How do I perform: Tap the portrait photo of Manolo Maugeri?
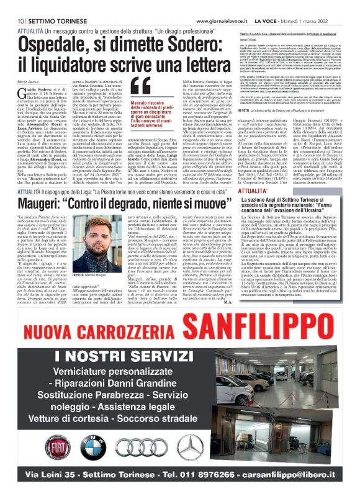point(94,241)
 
